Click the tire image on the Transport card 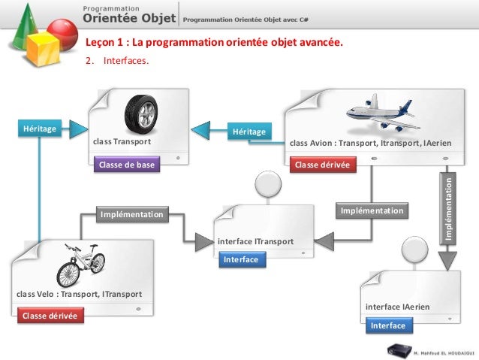[140, 113]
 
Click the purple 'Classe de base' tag [126, 165]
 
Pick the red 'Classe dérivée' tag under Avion [323, 165]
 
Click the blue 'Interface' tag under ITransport [240, 259]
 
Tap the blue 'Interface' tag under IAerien [388, 325]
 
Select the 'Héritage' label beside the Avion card [249, 132]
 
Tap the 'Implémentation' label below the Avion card [372, 211]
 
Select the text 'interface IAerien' [397, 307]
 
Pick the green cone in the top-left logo [26, 19]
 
